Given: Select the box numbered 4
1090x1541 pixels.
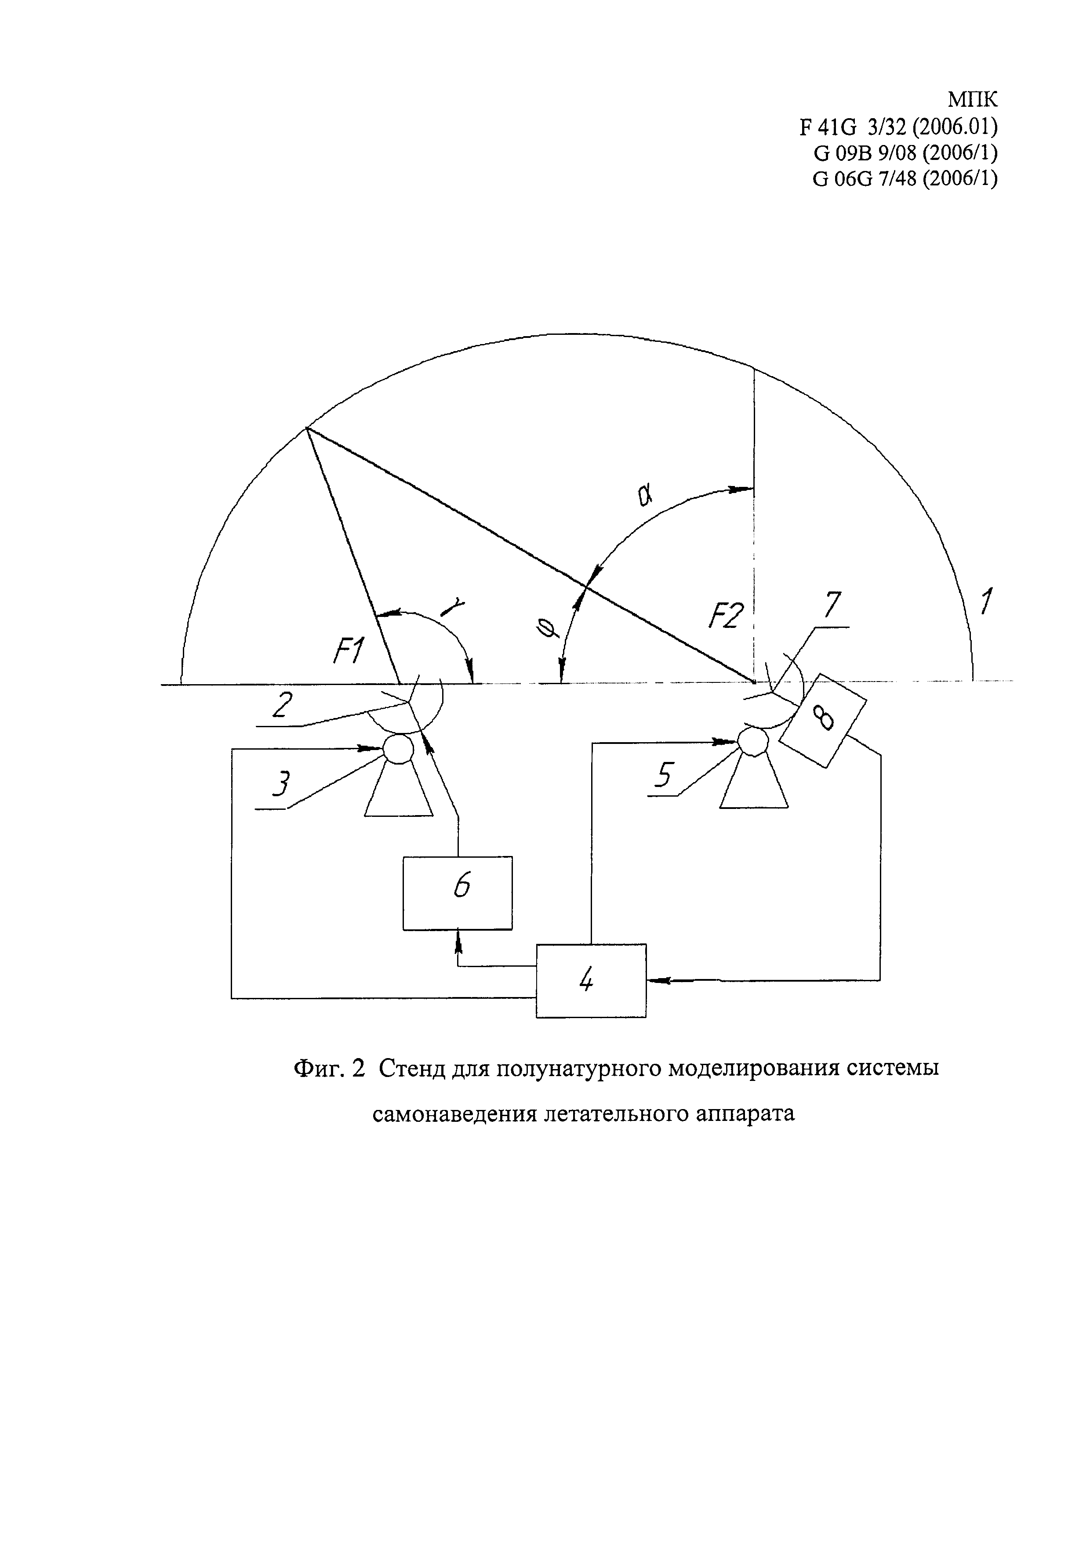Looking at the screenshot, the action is [x=591, y=981].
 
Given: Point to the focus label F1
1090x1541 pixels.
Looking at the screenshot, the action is [x=349, y=650].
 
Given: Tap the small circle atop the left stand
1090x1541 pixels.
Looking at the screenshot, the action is [x=398, y=748].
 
